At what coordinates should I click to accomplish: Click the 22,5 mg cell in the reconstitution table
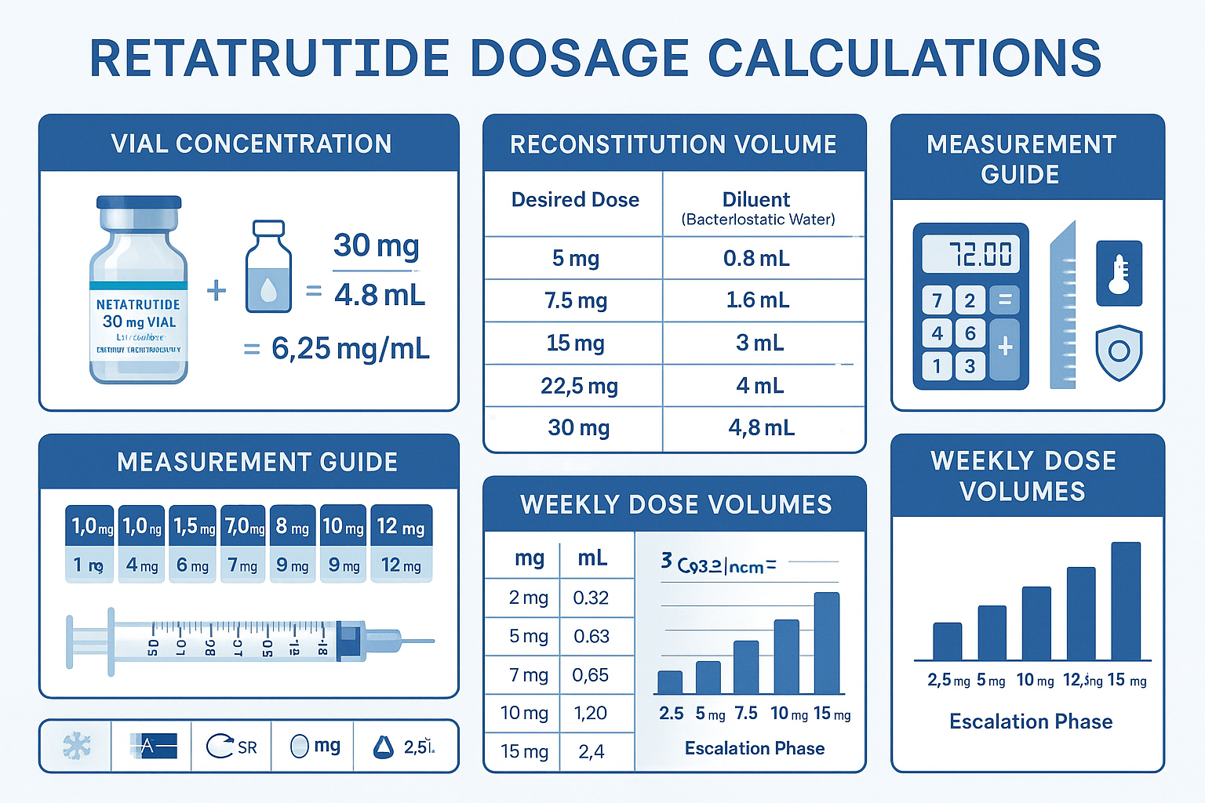point(579,386)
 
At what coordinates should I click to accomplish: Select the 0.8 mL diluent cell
point(756,258)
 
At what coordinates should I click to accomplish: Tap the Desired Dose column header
point(575,200)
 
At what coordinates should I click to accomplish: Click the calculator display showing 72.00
point(971,254)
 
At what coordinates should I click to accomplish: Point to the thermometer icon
point(1119,274)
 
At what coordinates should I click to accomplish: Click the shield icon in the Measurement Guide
point(1119,352)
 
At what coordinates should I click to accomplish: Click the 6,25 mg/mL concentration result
point(350,348)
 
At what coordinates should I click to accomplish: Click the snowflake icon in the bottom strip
point(76,746)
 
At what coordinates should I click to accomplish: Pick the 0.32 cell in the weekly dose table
point(591,598)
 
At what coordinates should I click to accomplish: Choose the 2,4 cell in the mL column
point(591,752)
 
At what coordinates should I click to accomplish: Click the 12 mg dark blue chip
point(401,527)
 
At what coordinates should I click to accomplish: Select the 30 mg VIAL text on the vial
point(139,322)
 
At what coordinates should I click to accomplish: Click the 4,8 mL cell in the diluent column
point(761,428)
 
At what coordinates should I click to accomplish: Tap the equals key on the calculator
point(1005,300)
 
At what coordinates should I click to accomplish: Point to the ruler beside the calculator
point(1063,306)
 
